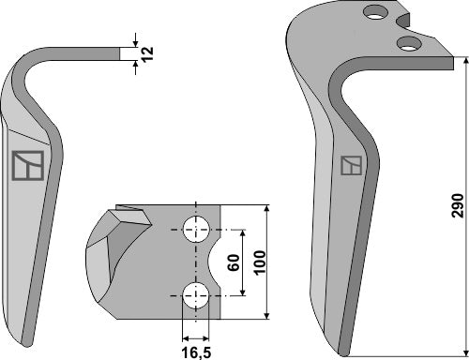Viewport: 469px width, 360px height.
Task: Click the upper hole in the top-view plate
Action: point(196,227)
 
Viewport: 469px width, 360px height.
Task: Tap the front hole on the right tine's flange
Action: point(407,43)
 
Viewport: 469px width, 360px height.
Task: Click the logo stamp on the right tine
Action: point(351,166)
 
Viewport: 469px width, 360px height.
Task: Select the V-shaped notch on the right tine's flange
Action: point(406,21)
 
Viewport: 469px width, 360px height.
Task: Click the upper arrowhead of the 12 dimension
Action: point(136,43)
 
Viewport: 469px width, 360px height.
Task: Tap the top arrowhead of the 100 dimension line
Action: point(267,206)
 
